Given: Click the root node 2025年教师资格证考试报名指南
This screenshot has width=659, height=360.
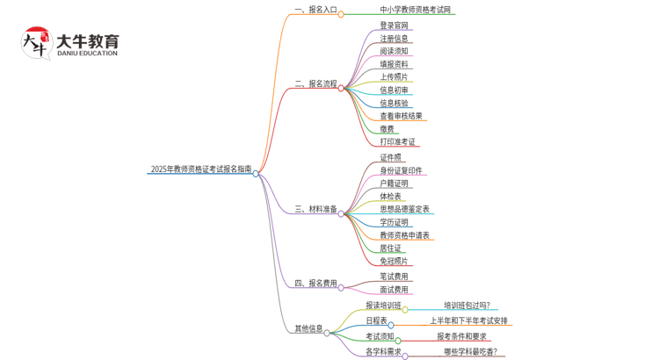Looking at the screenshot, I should [201, 169].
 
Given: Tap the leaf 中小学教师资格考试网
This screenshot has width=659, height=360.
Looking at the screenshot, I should [411, 11].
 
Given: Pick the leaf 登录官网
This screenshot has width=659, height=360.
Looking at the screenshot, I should [394, 25].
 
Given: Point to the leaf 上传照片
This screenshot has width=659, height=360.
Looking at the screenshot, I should [394, 77].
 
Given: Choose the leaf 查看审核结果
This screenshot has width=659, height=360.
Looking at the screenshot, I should [401, 116].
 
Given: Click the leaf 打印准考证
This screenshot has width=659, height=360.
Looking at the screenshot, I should [398, 142].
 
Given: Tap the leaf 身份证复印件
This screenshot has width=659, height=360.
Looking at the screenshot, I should [401, 170].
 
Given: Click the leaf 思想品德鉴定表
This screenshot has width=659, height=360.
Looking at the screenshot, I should [404, 209].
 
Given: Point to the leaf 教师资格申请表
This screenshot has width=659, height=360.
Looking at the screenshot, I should [404, 235].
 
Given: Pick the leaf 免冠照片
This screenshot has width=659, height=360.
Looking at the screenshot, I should [394, 262].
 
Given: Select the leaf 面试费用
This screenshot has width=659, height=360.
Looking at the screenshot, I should [394, 290].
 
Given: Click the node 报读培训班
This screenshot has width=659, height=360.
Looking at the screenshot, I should [383, 306].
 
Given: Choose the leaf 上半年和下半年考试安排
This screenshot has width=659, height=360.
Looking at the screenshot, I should [468, 321].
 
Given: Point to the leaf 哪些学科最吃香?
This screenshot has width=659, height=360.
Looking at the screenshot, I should [470, 352].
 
